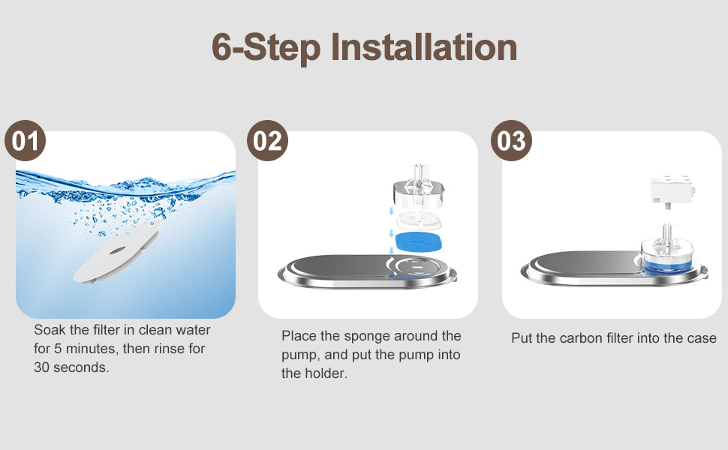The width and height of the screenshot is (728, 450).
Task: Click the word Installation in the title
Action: click(x=424, y=46)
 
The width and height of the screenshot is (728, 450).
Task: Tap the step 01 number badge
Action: click(x=25, y=140)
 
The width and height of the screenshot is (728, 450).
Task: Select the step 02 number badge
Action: click(x=267, y=140)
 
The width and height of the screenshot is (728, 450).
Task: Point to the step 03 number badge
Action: click(x=511, y=140)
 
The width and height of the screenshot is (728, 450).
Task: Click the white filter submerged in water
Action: click(x=116, y=252)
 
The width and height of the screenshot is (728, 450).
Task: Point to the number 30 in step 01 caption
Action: click(x=41, y=367)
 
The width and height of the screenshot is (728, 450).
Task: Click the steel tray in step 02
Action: click(x=367, y=271)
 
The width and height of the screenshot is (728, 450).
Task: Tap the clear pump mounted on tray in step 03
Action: click(x=668, y=251)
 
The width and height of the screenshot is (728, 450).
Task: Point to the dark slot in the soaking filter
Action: click(x=116, y=251)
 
